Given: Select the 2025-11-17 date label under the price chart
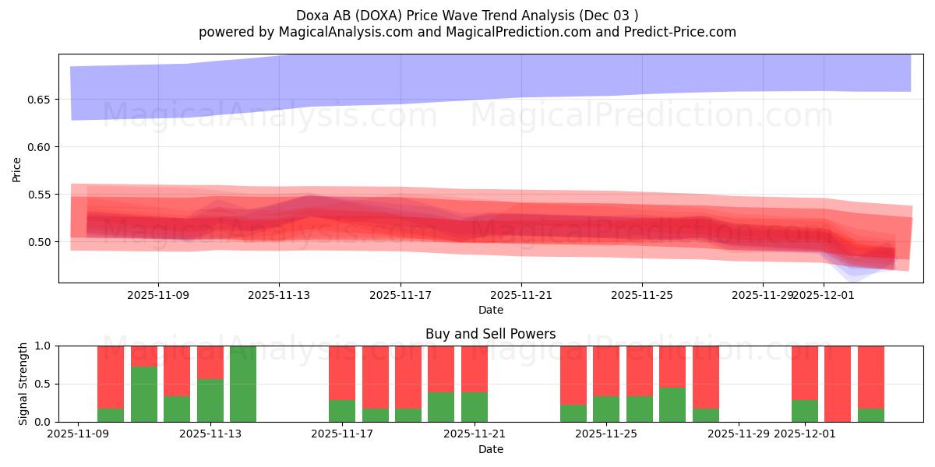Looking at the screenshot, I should point(400,296).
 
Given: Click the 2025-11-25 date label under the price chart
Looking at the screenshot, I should point(642,296).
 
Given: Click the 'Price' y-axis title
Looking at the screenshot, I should point(17,169).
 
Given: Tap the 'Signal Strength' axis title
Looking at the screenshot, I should point(23,384).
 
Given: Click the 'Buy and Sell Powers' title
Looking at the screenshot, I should point(490,334).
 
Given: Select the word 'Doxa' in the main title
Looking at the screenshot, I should point(312,16).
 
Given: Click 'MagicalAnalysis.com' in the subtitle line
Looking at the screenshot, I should point(336,32).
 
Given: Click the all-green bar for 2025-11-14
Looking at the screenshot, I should point(243,384).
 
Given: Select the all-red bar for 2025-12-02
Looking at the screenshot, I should point(838,384).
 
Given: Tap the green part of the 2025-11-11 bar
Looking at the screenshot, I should point(144,394).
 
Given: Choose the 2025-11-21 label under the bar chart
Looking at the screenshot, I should point(475,434).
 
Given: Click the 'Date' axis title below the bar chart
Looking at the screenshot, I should point(490,449).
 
